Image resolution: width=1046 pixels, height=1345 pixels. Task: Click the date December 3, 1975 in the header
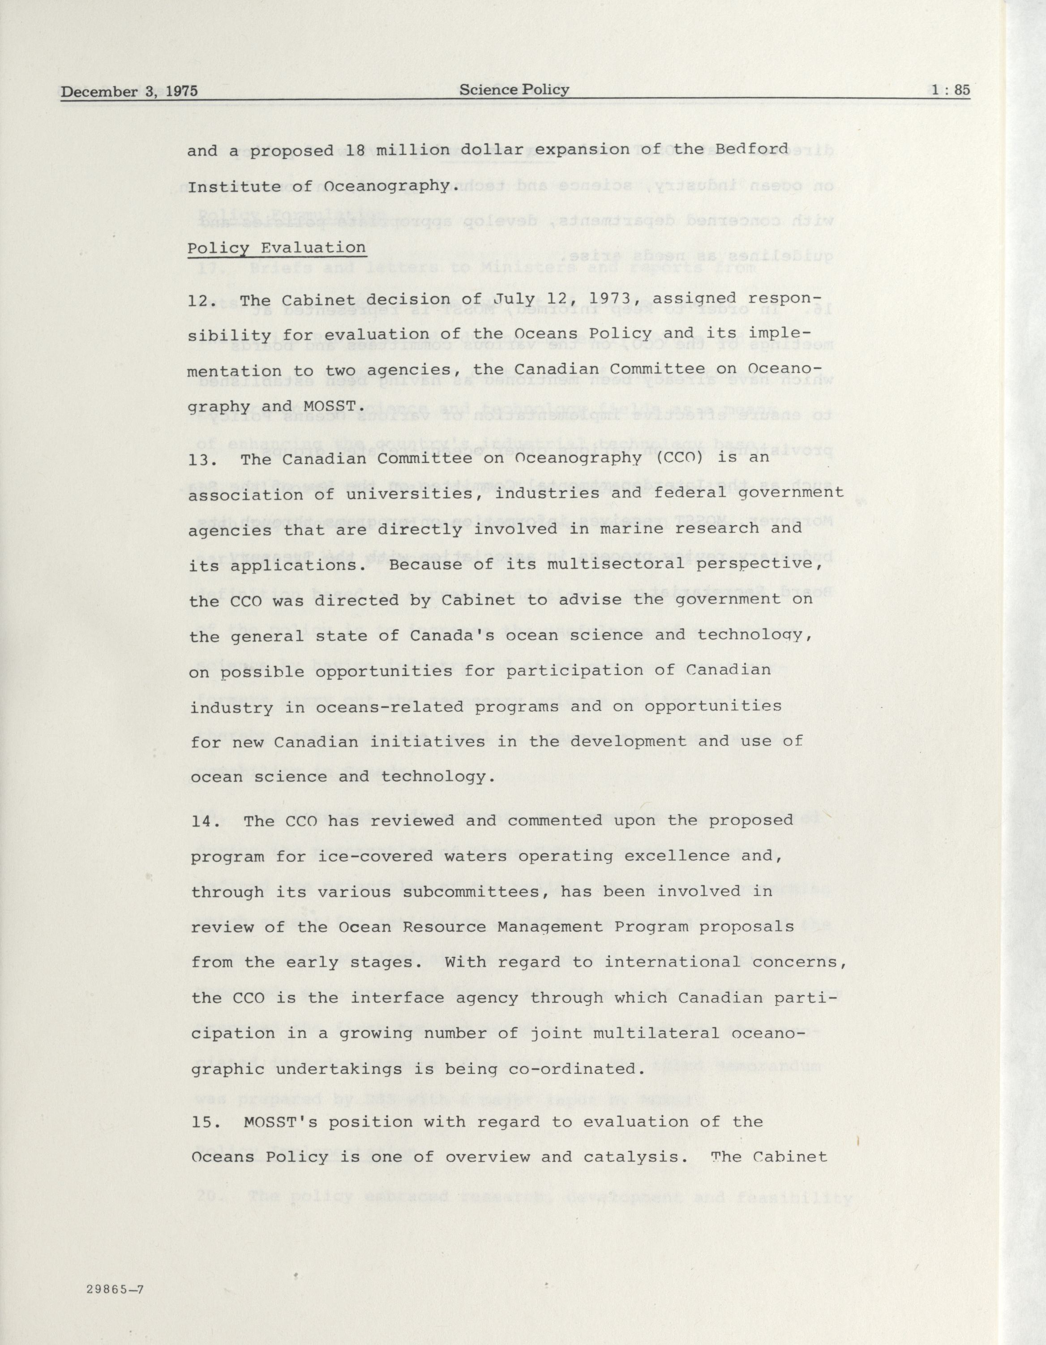point(129,92)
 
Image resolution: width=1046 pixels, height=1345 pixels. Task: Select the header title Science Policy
point(514,90)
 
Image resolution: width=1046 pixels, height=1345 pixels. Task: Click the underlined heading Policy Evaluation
point(277,248)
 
